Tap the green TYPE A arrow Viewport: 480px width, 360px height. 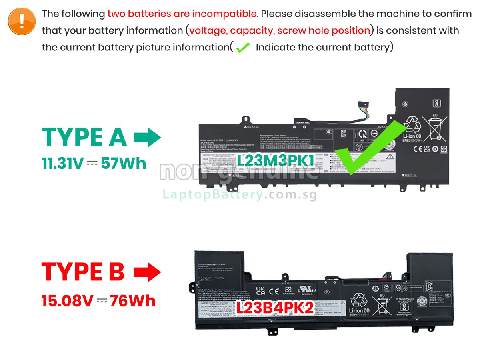click(147, 138)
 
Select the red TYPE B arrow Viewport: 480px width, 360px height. click(147, 272)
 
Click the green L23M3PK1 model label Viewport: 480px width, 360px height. click(276, 160)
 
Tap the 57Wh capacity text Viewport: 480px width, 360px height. click(123, 163)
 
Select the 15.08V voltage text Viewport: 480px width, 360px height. click(67, 300)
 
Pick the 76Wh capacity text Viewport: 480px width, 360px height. click(132, 300)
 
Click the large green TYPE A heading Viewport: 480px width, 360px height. click(84, 137)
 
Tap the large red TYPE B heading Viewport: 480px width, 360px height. click(83, 272)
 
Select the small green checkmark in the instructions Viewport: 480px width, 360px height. click(243, 48)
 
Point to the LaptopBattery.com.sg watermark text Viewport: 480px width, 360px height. click(240, 195)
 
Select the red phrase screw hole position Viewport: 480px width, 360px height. click(324, 30)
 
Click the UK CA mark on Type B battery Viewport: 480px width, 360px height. click(260, 291)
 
